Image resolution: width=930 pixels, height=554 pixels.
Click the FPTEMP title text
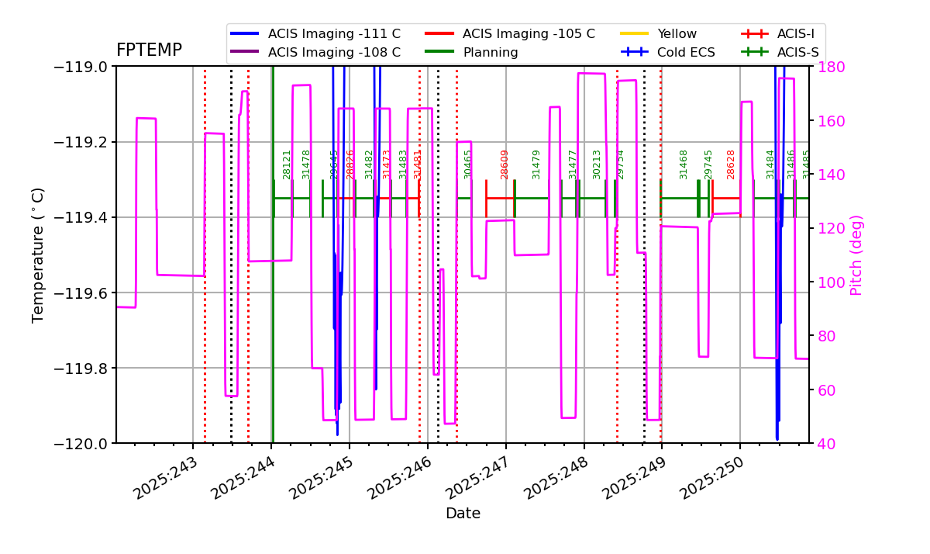pyautogui.click(x=149, y=50)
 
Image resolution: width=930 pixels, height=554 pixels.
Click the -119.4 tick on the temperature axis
pyautogui.click(x=84, y=217)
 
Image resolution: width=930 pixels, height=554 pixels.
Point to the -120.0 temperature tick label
pyautogui.click(x=84, y=443)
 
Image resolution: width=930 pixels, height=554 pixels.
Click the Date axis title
pyautogui.click(x=463, y=514)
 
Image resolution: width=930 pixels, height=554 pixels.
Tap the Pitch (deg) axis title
pyautogui.click(x=856, y=254)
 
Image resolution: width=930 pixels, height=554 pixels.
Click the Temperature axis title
pyautogui.click(x=39, y=254)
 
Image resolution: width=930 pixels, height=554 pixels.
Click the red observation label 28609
pyautogui.click(x=505, y=164)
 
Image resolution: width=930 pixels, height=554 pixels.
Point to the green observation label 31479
pyautogui.click(x=536, y=164)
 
